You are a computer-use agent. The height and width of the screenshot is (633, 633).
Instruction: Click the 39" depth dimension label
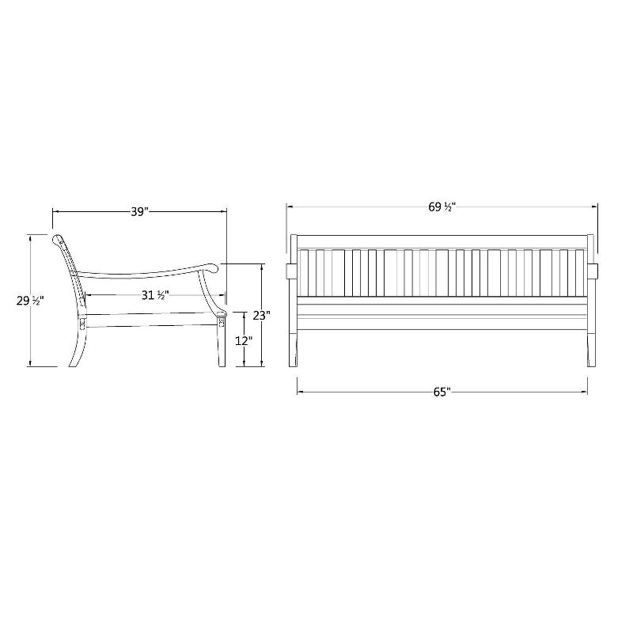[139, 211]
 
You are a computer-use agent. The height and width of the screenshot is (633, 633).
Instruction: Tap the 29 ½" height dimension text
[30, 301]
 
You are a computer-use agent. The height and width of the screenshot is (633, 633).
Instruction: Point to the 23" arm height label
[261, 314]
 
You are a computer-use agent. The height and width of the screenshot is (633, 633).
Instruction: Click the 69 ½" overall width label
[442, 207]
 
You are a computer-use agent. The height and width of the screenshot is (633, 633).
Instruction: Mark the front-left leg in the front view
[294, 348]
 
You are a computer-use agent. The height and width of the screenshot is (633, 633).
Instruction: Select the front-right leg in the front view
[589, 348]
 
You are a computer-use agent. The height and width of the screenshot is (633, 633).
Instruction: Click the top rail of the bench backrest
[442, 241]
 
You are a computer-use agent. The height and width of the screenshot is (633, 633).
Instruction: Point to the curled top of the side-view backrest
[57, 238]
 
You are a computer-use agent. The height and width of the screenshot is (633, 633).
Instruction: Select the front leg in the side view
[219, 348]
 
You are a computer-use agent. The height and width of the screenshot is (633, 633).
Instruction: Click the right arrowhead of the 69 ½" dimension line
[596, 207]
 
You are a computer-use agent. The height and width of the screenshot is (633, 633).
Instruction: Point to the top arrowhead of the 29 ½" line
[30, 237]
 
